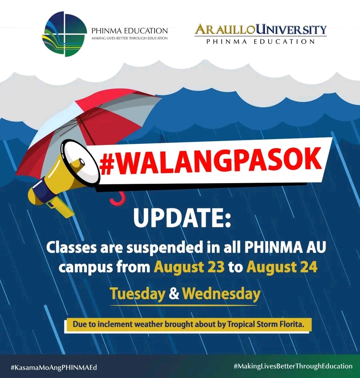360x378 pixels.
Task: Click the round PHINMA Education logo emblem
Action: [x=64, y=34]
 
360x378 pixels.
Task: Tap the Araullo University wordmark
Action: [x=261, y=34]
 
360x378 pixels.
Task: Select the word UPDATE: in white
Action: [x=182, y=218]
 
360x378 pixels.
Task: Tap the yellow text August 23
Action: [x=189, y=268]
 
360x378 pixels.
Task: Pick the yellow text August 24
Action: [x=282, y=268]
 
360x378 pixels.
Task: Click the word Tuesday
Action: [x=138, y=294]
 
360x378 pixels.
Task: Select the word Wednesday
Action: [x=221, y=294]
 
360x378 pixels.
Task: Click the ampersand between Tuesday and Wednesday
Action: [x=174, y=294]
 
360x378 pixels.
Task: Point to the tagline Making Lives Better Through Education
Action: [x=129, y=38]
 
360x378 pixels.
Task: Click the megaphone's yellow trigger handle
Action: [x=60, y=208]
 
